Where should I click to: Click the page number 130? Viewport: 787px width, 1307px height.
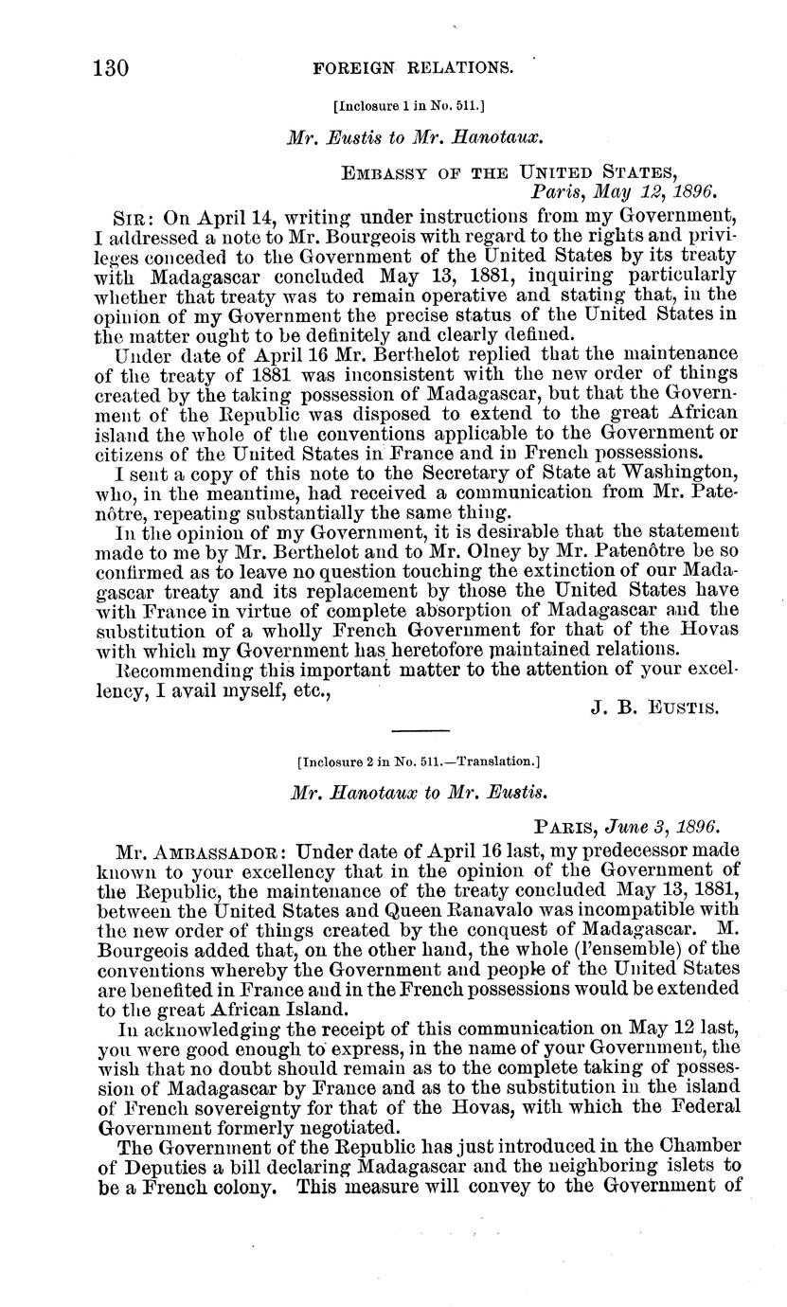[111, 68]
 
